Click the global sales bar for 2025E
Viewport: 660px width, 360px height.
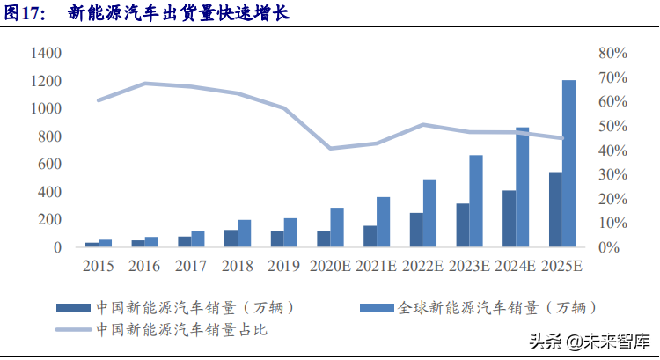coord(568,164)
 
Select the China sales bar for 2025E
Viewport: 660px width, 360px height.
coord(555,209)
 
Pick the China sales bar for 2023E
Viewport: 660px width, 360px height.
coord(462,225)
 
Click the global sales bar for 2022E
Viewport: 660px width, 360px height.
coord(429,213)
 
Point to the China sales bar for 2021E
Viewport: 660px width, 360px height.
coord(370,237)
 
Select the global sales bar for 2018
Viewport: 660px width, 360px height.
coord(244,233)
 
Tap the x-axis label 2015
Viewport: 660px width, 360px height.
coord(99,264)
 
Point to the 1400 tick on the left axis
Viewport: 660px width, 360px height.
coord(46,54)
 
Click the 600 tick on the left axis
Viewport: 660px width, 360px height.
coord(49,165)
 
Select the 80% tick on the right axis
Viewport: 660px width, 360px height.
coord(611,54)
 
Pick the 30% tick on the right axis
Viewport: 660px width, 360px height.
coord(611,174)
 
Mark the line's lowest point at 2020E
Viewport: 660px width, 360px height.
coord(330,148)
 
